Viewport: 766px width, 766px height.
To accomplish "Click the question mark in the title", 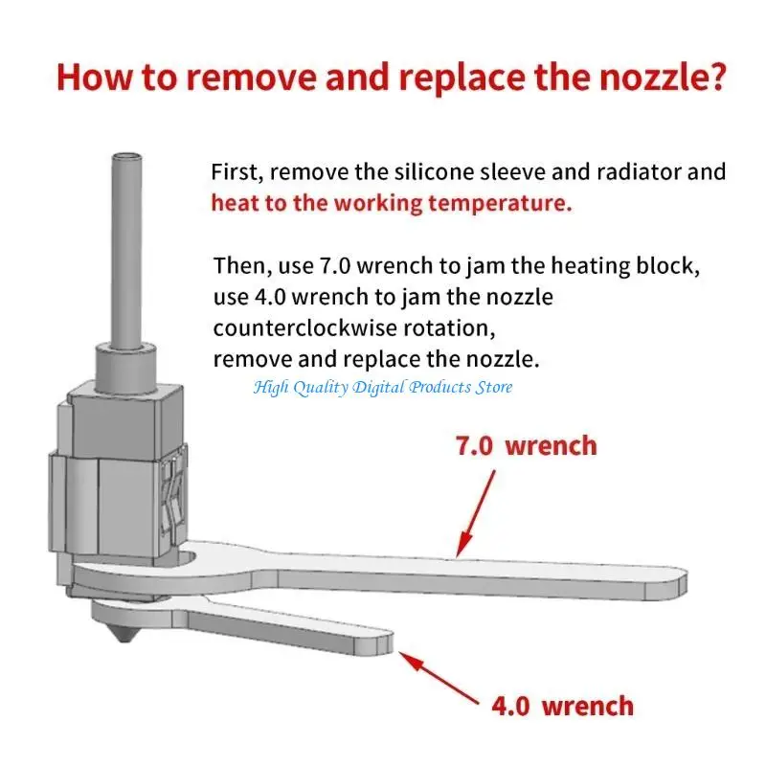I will click(x=712, y=76).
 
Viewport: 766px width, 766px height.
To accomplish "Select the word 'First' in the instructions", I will click(x=237, y=173).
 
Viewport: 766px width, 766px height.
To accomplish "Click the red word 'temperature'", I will click(x=499, y=204).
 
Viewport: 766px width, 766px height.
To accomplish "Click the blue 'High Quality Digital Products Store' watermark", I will click(x=383, y=387).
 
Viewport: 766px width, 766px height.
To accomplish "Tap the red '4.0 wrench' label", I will click(x=562, y=707).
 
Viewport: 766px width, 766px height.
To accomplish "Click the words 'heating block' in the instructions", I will click(x=621, y=265).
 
